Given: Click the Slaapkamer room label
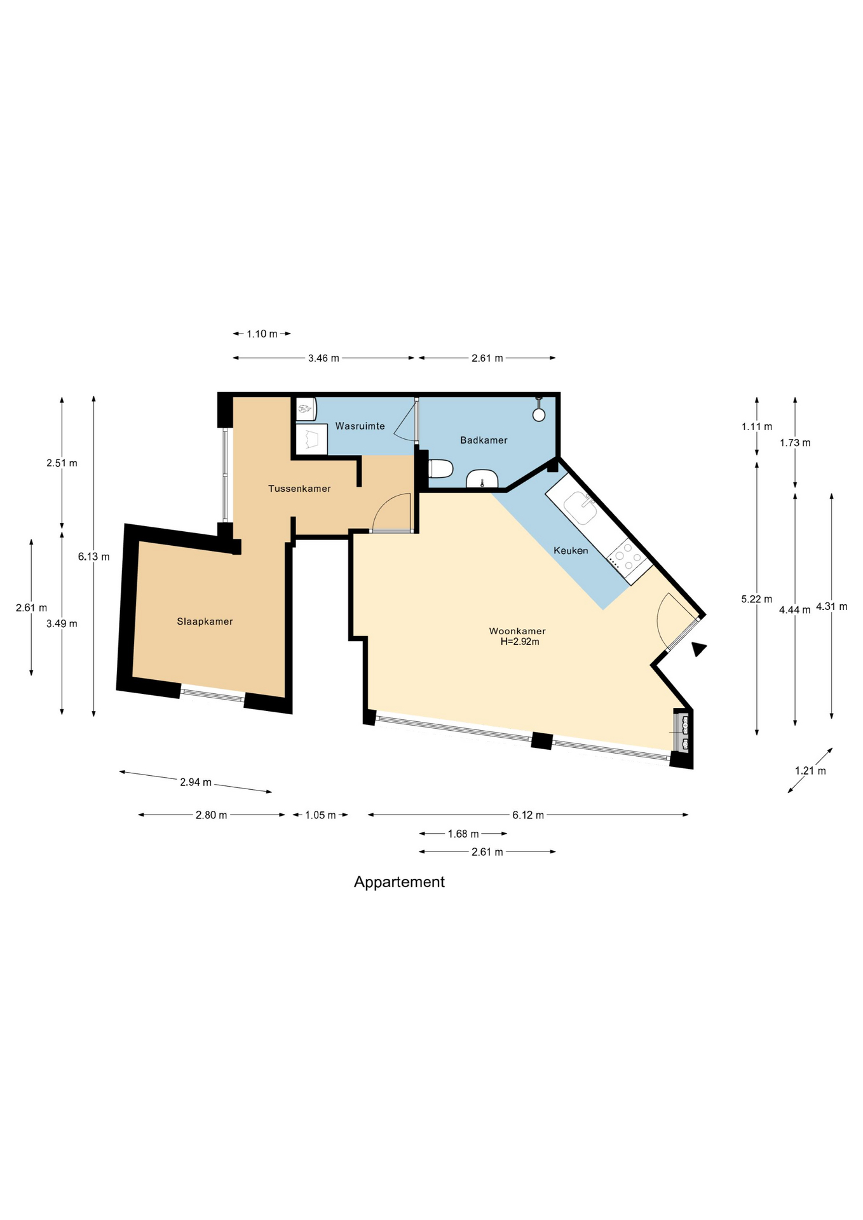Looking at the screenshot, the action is pyautogui.click(x=205, y=621).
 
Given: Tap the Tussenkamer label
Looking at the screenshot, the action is pyautogui.click(x=299, y=489).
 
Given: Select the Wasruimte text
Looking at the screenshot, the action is pyautogui.click(x=360, y=426).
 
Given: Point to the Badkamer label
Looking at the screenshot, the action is pyautogui.click(x=484, y=440).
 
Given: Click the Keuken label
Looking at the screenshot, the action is pyautogui.click(x=571, y=550).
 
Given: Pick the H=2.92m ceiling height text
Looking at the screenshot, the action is pyautogui.click(x=520, y=642).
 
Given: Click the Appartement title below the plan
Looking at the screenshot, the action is pyautogui.click(x=399, y=882).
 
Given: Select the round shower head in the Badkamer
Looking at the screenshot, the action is pyautogui.click(x=539, y=415).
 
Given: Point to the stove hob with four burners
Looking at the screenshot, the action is pyautogui.click(x=627, y=557).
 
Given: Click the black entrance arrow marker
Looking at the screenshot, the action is pyautogui.click(x=699, y=649).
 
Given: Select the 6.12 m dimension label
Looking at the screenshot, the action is pyautogui.click(x=528, y=815).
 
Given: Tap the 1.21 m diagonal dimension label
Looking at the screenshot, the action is pyautogui.click(x=810, y=771).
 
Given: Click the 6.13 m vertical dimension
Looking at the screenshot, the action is pyautogui.click(x=94, y=557).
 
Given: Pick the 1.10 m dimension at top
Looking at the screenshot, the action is pyautogui.click(x=262, y=334).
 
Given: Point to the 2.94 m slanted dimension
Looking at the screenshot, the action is pyautogui.click(x=196, y=782).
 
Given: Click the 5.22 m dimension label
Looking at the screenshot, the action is pyautogui.click(x=757, y=599).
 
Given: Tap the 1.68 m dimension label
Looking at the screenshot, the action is pyautogui.click(x=463, y=834).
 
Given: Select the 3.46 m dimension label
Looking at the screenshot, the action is pyautogui.click(x=323, y=358).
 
